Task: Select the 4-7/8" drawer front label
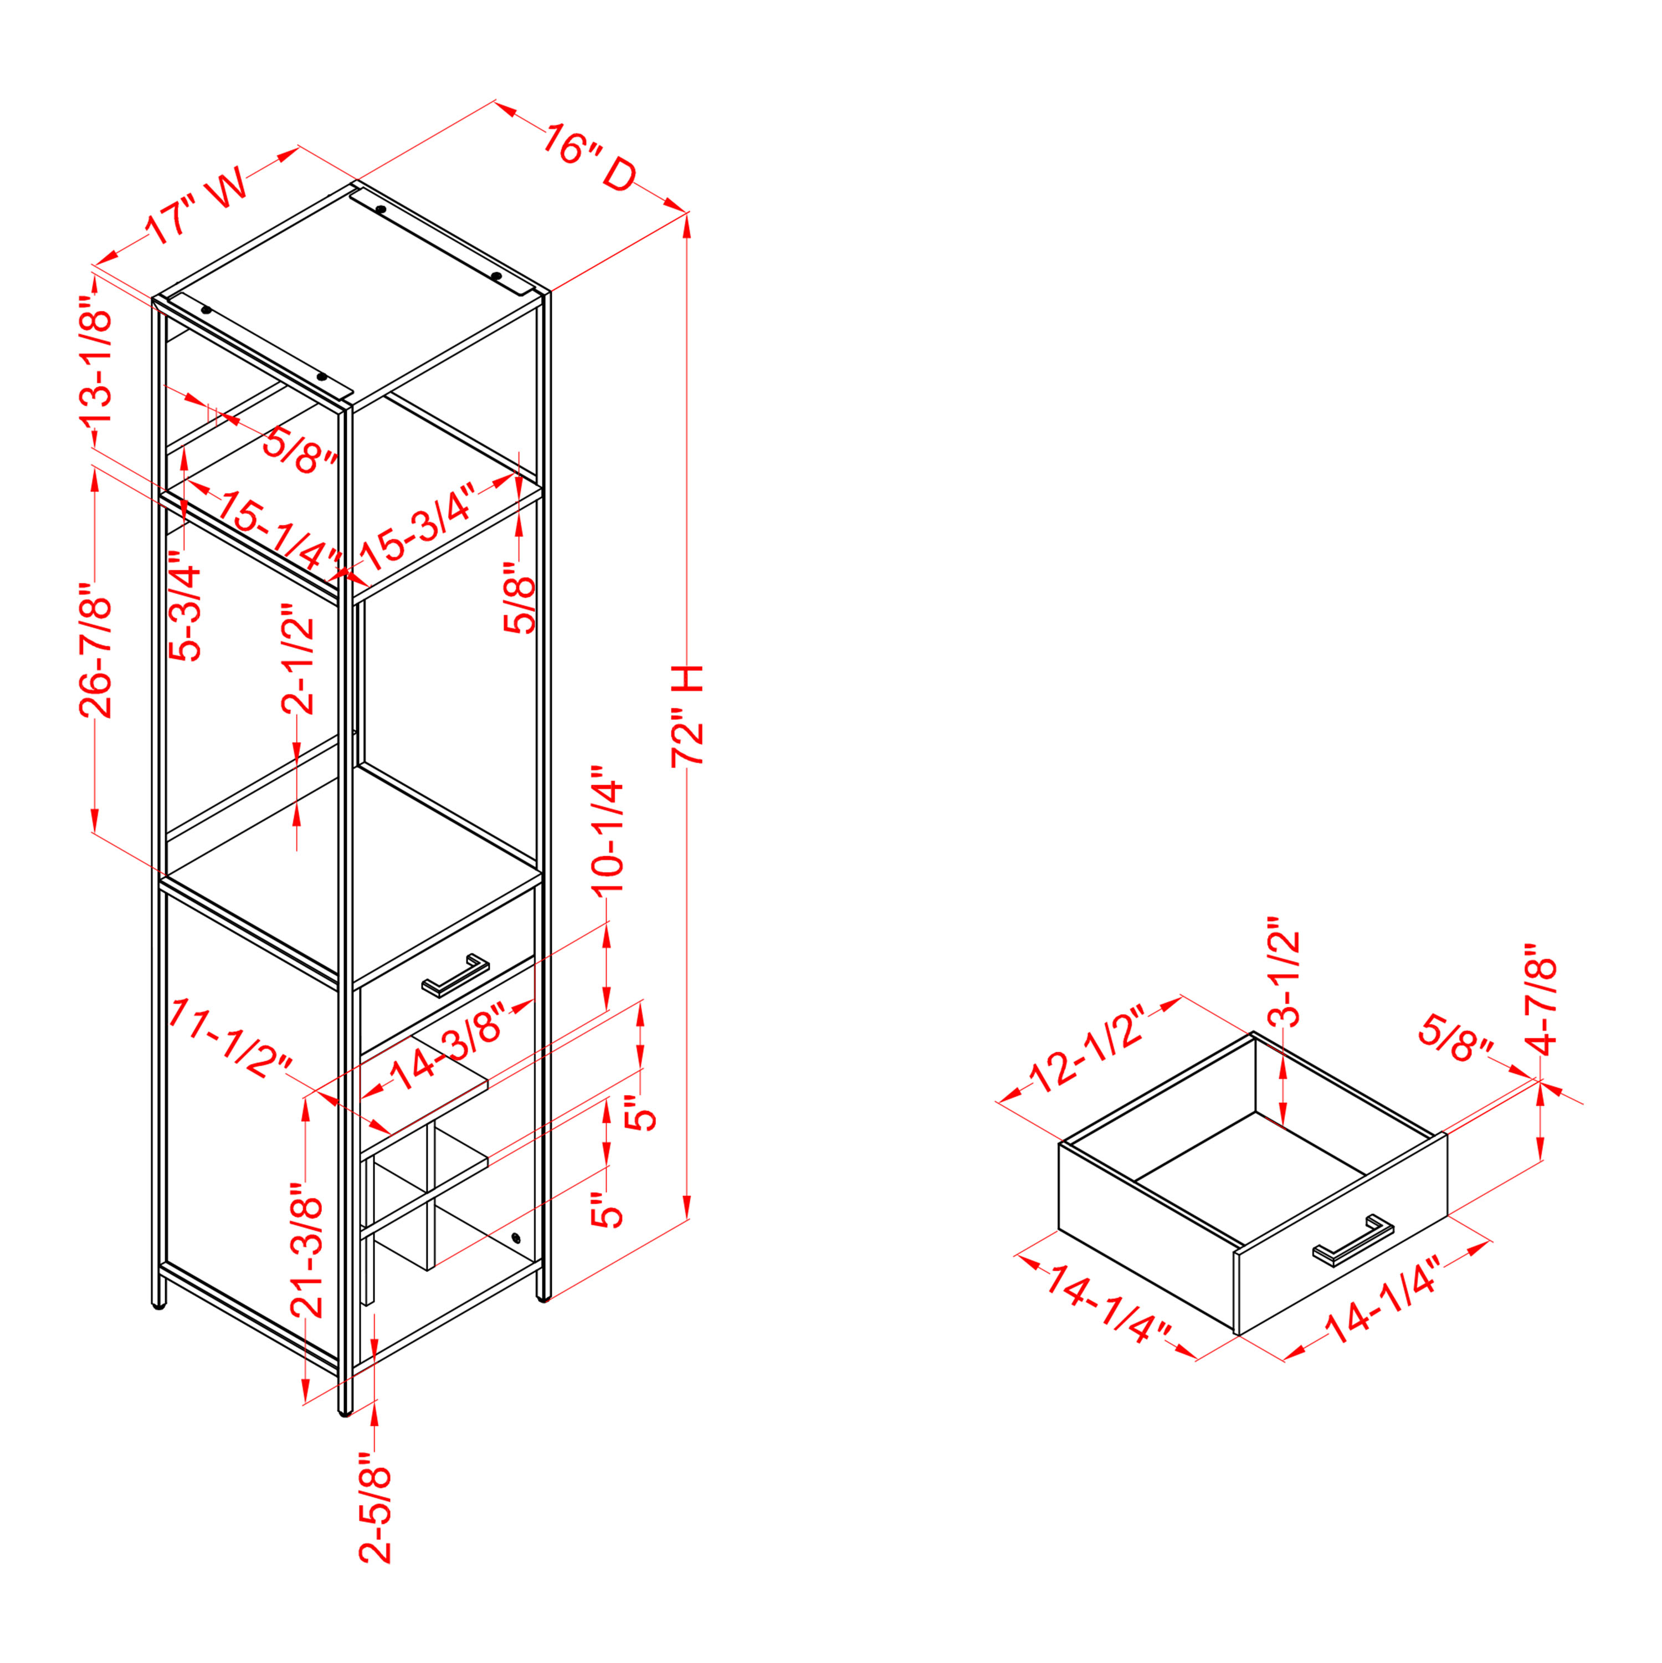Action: (x=1541, y=999)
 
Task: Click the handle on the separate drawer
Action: (x=1353, y=1240)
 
